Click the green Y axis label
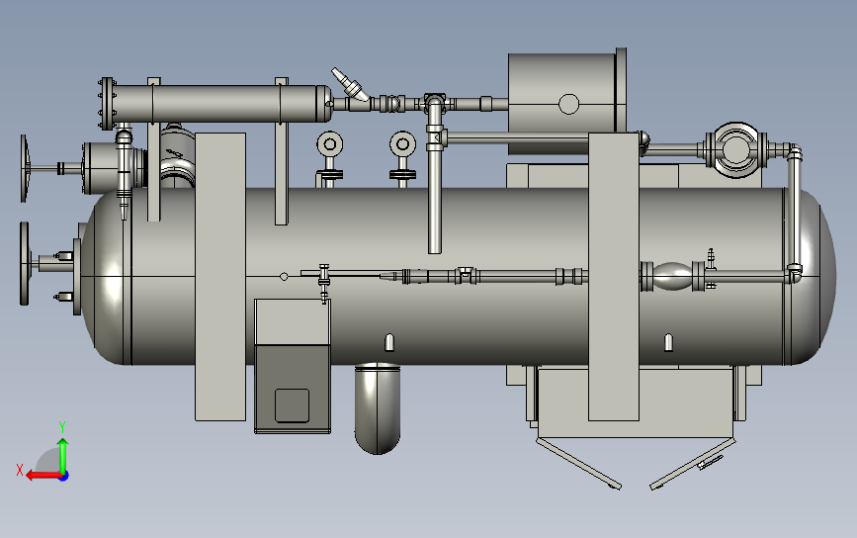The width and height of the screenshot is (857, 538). [x=62, y=427]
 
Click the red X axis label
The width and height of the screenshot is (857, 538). [x=20, y=470]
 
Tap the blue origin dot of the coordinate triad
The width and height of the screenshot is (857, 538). [x=63, y=477]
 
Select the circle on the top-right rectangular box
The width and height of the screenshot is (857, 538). [x=569, y=104]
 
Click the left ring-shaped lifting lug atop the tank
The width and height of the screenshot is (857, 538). [x=329, y=144]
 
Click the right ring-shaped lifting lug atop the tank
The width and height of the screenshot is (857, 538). [x=403, y=144]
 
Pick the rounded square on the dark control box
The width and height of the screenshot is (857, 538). [x=292, y=405]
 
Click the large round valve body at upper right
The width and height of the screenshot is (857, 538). [x=735, y=149]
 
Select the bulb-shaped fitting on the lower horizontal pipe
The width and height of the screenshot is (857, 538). [x=672, y=276]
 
